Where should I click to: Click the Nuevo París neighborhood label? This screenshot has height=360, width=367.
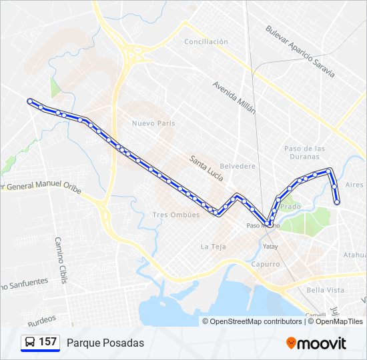point(153,123)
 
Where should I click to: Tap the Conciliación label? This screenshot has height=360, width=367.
point(206,41)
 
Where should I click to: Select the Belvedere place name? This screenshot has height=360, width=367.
point(238,166)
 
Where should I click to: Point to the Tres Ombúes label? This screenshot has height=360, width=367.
point(176,215)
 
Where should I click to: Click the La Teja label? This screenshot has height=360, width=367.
point(214,247)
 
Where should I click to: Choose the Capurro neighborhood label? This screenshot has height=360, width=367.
point(266,264)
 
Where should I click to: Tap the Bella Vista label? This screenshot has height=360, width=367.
point(325,290)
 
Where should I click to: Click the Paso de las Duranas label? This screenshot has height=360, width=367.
point(304,152)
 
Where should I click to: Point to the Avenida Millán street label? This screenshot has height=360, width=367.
point(234,97)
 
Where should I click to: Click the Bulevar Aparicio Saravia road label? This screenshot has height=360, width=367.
point(299,51)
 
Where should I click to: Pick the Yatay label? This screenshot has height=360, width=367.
point(270,247)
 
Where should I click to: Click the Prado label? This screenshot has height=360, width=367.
point(291,207)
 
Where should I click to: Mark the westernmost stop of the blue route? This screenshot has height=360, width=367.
point(29,101)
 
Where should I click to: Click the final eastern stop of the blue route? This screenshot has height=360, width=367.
point(337,201)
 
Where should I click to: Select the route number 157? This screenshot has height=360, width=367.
point(47,342)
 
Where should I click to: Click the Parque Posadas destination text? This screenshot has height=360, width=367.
point(105,343)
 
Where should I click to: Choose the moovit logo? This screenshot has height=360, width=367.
point(316,343)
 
